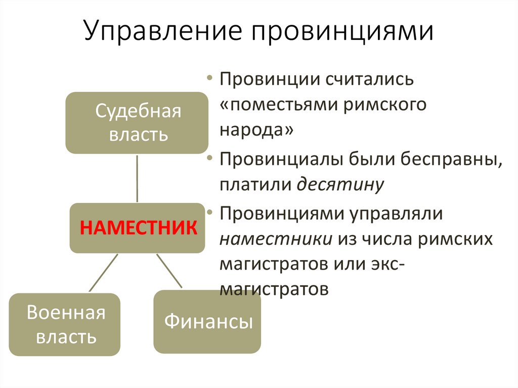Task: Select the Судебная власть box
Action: coord(137,123)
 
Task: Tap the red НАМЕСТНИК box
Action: coord(137,227)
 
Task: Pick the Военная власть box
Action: coord(65,324)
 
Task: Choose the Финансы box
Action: coord(207,322)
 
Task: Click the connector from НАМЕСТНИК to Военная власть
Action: coord(104,273)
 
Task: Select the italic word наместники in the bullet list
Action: coord(276,238)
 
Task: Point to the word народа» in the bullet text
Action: coord(256,130)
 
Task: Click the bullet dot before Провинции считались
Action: coord(209,79)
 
